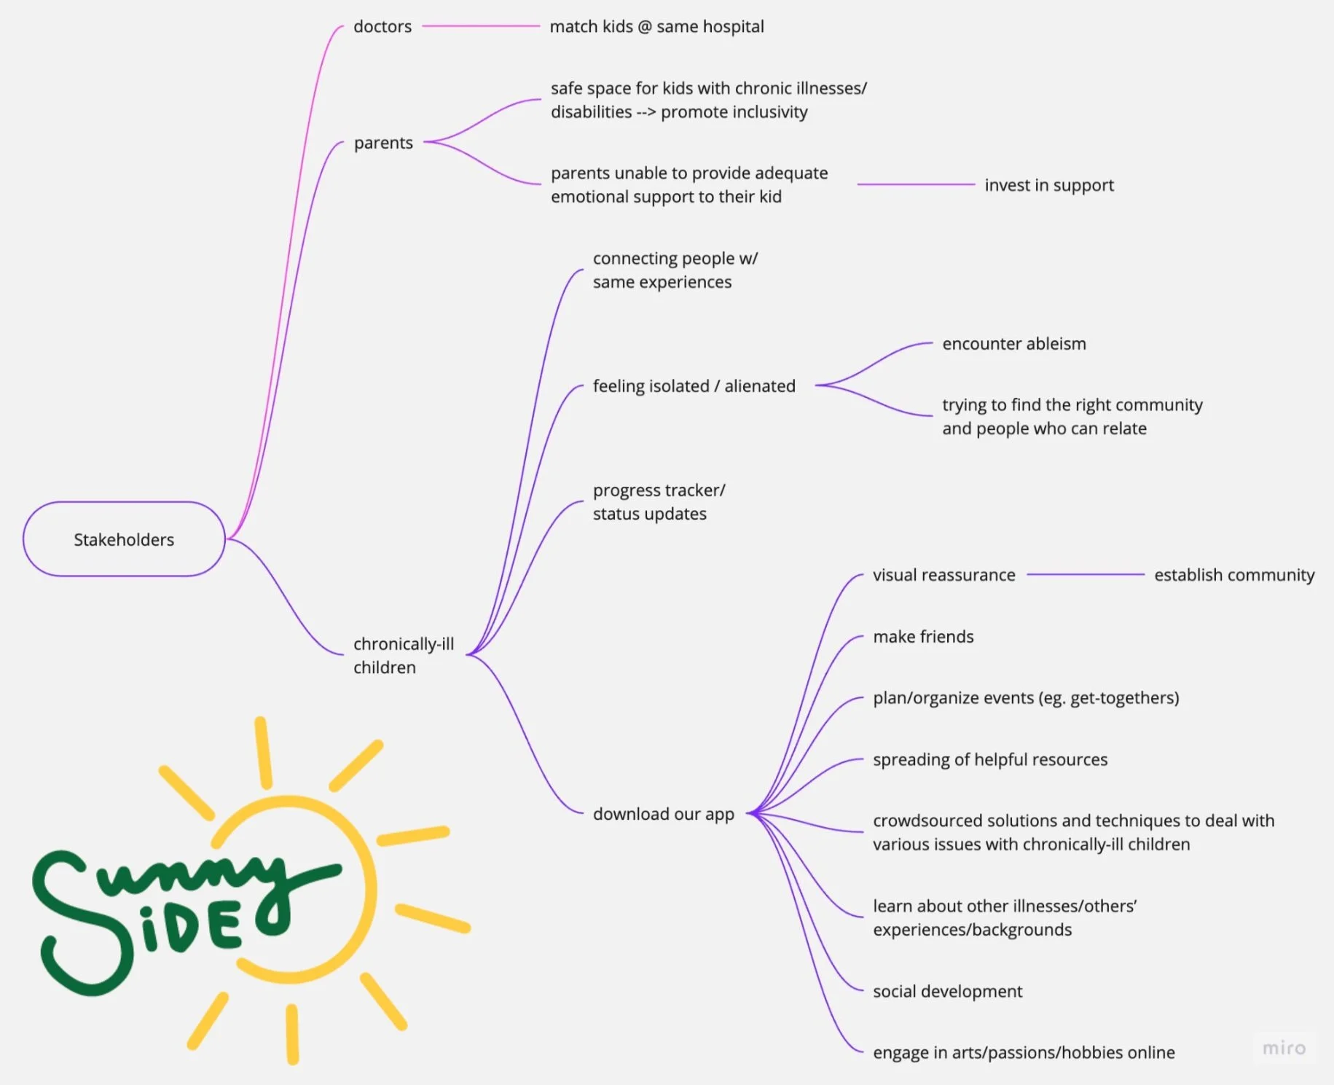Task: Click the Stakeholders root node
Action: coord(124,539)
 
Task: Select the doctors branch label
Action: coord(382,27)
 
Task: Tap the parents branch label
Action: coord(383,143)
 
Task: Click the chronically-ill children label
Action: coord(403,656)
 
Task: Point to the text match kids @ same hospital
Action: coord(656,27)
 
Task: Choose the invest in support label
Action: coord(1049,185)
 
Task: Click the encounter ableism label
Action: coord(1013,344)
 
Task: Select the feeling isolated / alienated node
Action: coord(694,386)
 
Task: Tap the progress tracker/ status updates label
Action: coord(659,502)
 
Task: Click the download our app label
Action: coord(663,814)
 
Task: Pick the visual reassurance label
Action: coord(943,575)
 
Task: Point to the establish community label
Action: coord(1234,575)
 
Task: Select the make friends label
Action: coord(923,637)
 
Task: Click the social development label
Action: coord(947,992)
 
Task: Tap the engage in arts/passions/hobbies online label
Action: coord(1024,1053)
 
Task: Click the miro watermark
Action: coord(1284,1048)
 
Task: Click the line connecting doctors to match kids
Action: coord(481,26)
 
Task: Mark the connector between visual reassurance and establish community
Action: coord(1086,575)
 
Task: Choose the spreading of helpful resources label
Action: coord(990,759)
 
